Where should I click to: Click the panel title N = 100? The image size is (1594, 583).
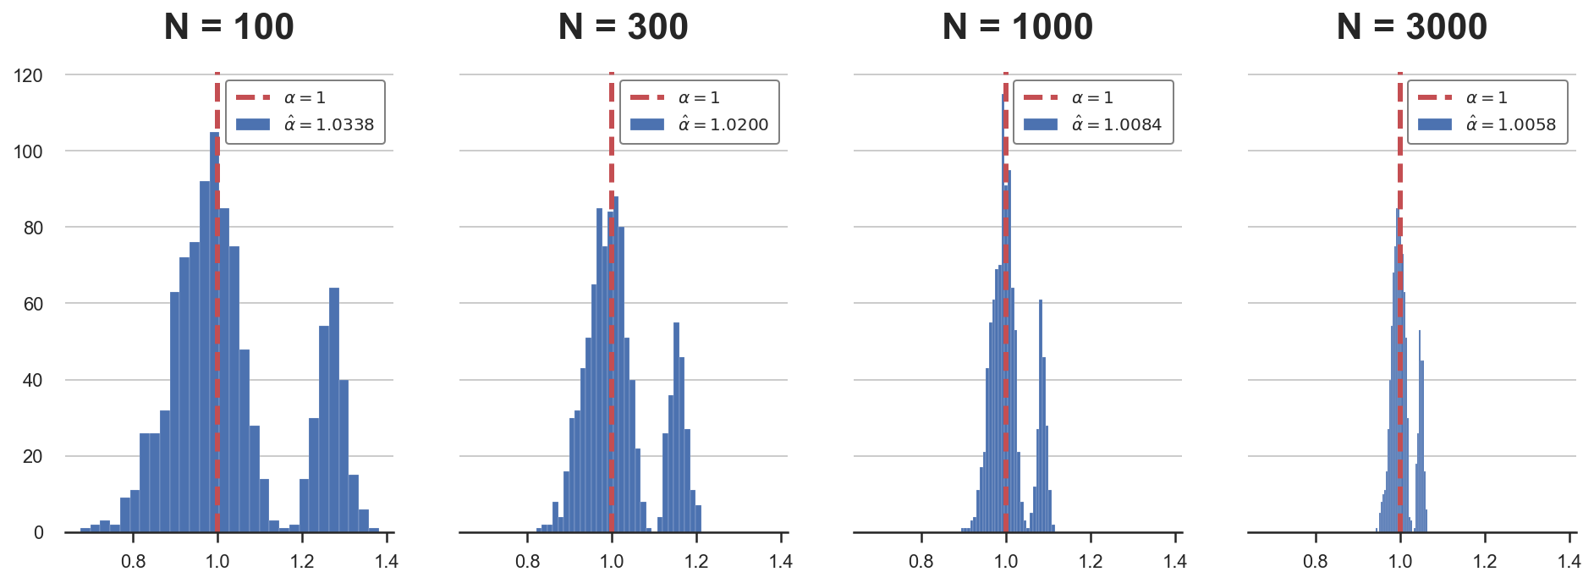click(x=228, y=27)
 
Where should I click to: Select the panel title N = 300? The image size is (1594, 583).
click(x=623, y=27)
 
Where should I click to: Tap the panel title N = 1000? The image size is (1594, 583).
click(x=1017, y=27)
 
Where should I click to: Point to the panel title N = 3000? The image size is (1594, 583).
click(x=1411, y=27)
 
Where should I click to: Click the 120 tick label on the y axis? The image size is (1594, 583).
click(x=28, y=75)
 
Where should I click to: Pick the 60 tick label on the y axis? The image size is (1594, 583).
click(x=33, y=304)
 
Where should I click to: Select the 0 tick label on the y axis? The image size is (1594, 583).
click(x=38, y=532)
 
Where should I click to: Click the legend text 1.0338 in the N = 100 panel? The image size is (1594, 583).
click(x=344, y=124)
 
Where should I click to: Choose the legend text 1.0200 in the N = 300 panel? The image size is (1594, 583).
click(x=739, y=124)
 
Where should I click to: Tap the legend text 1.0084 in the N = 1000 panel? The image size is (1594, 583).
click(x=1132, y=124)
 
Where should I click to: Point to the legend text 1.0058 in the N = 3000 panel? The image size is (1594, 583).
click(x=1526, y=124)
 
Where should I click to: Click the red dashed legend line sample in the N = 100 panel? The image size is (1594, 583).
click(x=253, y=98)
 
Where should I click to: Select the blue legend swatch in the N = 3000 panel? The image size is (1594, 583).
click(x=1435, y=124)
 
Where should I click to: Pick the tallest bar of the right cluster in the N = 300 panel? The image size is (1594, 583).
click(x=676, y=423)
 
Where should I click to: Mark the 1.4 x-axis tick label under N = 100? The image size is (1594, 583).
click(x=387, y=561)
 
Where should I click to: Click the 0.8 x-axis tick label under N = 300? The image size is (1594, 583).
click(x=527, y=561)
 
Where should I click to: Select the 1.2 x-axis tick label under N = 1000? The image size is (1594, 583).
click(x=1091, y=561)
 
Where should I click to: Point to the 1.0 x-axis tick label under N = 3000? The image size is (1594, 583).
click(x=1400, y=561)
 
